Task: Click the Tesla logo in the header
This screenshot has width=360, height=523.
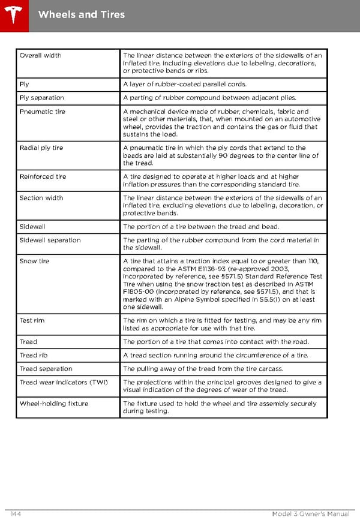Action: coord(14,14)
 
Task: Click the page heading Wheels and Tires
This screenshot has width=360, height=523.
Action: coord(81,14)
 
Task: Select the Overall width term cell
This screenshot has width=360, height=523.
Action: coord(40,55)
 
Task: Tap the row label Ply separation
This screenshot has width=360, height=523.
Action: coord(41,98)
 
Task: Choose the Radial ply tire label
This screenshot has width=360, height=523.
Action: coord(41,148)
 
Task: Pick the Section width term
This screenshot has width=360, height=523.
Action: coord(41,198)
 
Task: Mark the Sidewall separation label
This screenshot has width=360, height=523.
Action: coord(50,240)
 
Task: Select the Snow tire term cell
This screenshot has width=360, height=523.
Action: coord(34,261)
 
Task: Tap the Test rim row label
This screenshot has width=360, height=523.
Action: coord(32,320)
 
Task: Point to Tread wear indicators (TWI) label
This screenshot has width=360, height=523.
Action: coord(53,383)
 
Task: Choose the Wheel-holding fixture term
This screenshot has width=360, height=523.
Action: coord(53,404)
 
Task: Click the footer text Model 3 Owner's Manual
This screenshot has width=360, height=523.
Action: coord(310,514)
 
